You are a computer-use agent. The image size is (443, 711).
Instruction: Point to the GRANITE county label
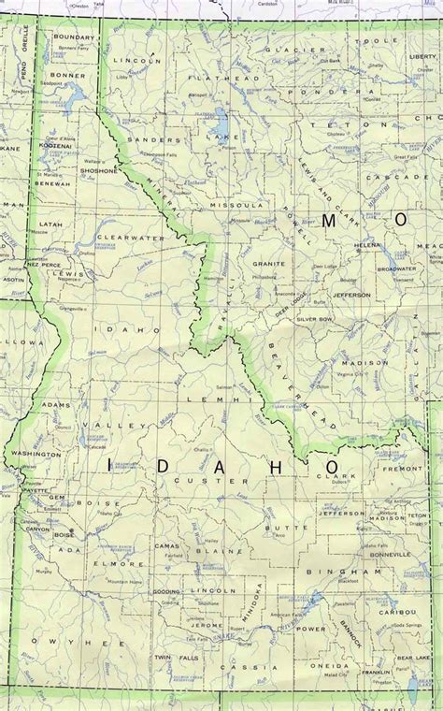[268, 265]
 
